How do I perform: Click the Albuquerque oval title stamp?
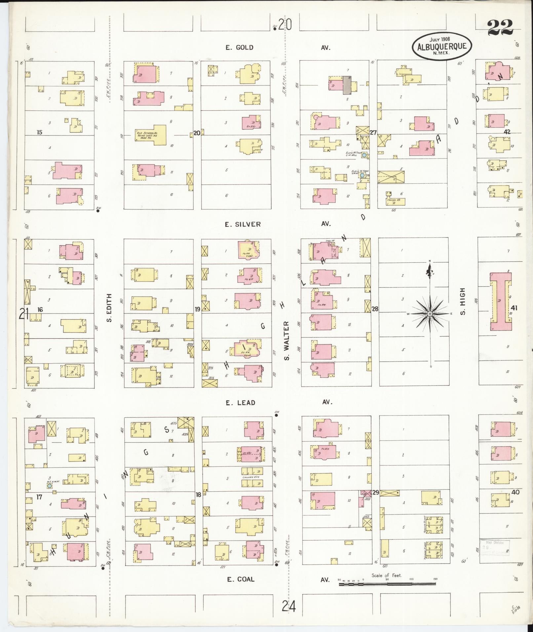click(x=442, y=46)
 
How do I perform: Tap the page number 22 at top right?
click(x=500, y=27)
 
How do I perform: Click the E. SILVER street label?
click(x=243, y=224)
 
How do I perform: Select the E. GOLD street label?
click(x=239, y=48)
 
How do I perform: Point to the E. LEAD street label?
click(x=241, y=402)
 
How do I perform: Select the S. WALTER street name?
click(x=287, y=340)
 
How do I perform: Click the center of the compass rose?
click(x=430, y=314)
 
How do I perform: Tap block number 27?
click(x=373, y=133)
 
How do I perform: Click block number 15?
click(x=39, y=132)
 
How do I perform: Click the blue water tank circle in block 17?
click(x=49, y=486)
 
